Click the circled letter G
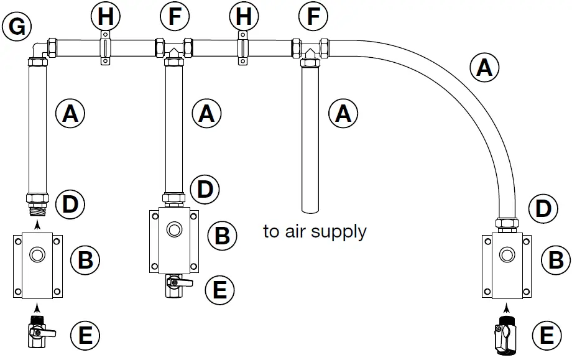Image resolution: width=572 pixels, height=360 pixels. pos(17,26)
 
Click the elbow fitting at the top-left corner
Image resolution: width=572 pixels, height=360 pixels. pos(39,50)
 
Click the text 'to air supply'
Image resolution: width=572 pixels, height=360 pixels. pos(315,232)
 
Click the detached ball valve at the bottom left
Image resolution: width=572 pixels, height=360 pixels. pos(39,333)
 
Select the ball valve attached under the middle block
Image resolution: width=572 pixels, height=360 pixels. pos(175,287)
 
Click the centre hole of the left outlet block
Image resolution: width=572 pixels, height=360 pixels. pos(39,254)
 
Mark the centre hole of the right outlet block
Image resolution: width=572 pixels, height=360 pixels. pos(508,253)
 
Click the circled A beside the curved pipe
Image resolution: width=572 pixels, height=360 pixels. pos(484,67)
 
